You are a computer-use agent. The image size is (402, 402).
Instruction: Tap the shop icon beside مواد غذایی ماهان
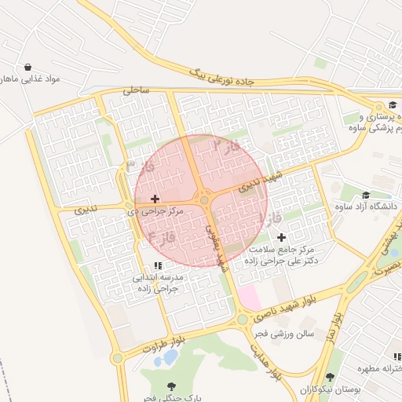28,68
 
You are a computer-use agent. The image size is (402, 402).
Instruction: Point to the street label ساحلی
135,91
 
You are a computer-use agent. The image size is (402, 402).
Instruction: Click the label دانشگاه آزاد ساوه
366,207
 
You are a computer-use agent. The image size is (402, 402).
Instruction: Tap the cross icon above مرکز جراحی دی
155,199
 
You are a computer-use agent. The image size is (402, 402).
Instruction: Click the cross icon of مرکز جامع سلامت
282,237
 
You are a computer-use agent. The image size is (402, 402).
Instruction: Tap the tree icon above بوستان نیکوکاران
331,378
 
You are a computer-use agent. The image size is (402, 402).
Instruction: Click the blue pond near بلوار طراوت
166,358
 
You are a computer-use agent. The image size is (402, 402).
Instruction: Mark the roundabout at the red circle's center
204,200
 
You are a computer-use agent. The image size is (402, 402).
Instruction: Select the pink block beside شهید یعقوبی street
248,297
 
